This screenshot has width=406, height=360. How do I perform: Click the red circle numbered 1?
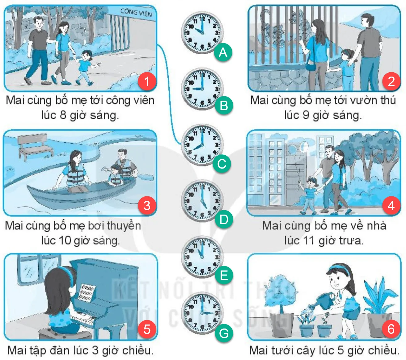[x=147, y=82]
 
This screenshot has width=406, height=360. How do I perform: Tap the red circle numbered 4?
[x=391, y=206]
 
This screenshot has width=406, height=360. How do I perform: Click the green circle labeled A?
[x=223, y=52]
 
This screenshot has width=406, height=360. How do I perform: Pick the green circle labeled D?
[x=224, y=219]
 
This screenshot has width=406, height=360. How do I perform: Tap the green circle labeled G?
[x=224, y=333]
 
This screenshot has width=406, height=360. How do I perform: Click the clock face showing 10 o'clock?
[x=202, y=32]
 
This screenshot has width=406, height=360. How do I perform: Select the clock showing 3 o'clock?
[x=202, y=313]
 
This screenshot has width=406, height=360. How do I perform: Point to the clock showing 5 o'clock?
[x=202, y=201]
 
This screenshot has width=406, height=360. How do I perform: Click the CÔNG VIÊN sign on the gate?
[x=136, y=13]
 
